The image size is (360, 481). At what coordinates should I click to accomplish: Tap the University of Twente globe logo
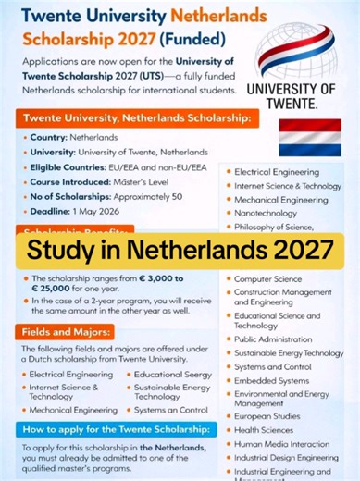296,52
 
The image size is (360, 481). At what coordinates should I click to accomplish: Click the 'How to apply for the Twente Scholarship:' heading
114,429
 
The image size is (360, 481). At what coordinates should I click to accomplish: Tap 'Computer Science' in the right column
267,278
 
